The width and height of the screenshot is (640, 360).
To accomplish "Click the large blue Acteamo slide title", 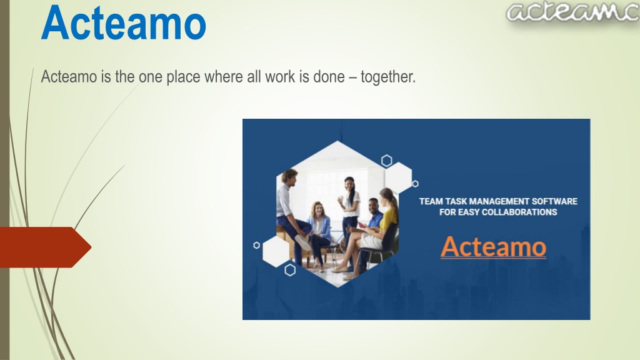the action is (x=123, y=23).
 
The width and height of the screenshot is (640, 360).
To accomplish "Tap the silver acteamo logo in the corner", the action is (x=572, y=12).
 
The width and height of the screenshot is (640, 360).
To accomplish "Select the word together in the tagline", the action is (x=387, y=77).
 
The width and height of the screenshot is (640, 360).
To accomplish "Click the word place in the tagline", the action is (x=183, y=77).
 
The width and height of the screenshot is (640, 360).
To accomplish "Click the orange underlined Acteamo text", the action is (x=494, y=246).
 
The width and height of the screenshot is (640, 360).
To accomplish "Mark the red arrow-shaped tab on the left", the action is (x=45, y=247).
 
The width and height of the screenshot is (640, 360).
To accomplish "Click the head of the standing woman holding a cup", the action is (x=350, y=183).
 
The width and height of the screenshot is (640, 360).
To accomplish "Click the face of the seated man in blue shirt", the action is (x=373, y=205).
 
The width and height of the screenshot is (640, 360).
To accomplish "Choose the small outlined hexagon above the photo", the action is (x=386, y=161).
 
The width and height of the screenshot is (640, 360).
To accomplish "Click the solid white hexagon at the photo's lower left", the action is (x=276, y=252).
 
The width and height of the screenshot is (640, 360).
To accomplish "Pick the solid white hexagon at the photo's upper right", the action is (x=398, y=178).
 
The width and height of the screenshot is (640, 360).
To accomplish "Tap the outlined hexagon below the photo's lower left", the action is (x=290, y=270).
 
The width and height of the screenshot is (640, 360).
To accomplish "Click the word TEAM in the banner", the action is (x=431, y=201).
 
